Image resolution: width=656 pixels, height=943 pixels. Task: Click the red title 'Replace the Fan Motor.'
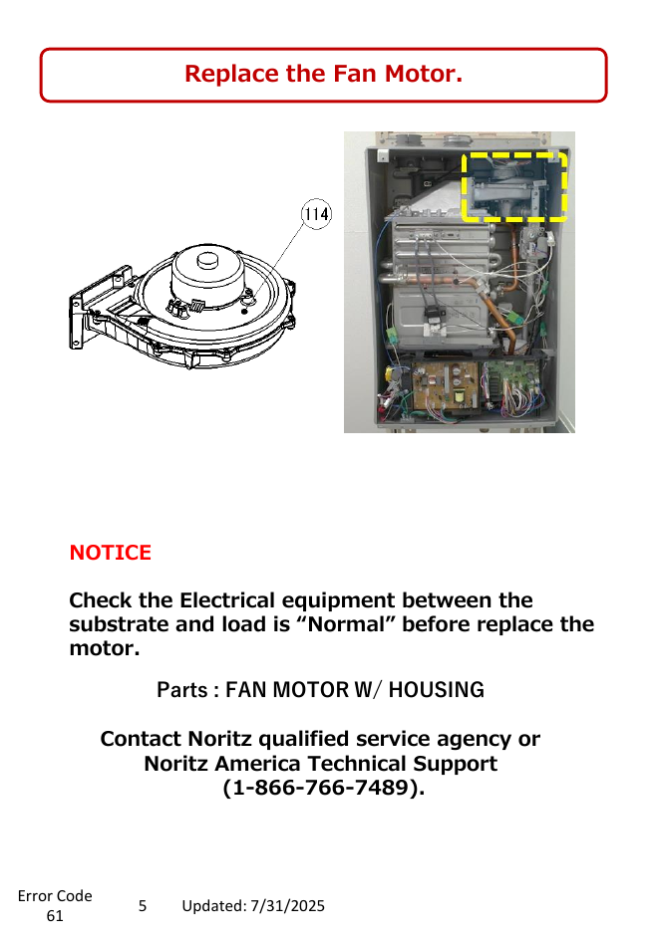click(323, 74)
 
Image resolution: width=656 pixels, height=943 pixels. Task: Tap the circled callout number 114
click(316, 214)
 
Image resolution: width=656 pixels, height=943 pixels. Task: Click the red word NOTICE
click(111, 553)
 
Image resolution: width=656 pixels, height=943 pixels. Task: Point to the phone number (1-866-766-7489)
click(323, 788)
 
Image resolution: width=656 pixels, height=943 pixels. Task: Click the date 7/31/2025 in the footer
click(288, 906)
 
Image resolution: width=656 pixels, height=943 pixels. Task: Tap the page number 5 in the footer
click(143, 906)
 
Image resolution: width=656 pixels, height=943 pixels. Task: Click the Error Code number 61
click(55, 916)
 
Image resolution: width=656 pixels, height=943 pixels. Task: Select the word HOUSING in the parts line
click(436, 690)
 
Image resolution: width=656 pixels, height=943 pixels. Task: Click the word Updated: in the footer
click(213, 906)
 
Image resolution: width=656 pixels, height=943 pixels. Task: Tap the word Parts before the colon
click(181, 690)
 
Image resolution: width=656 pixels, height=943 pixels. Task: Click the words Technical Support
click(403, 763)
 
